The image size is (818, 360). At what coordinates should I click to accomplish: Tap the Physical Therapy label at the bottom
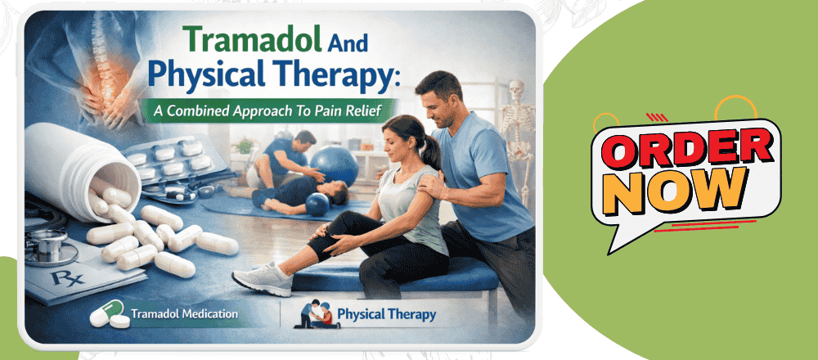click(x=386, y=313)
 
